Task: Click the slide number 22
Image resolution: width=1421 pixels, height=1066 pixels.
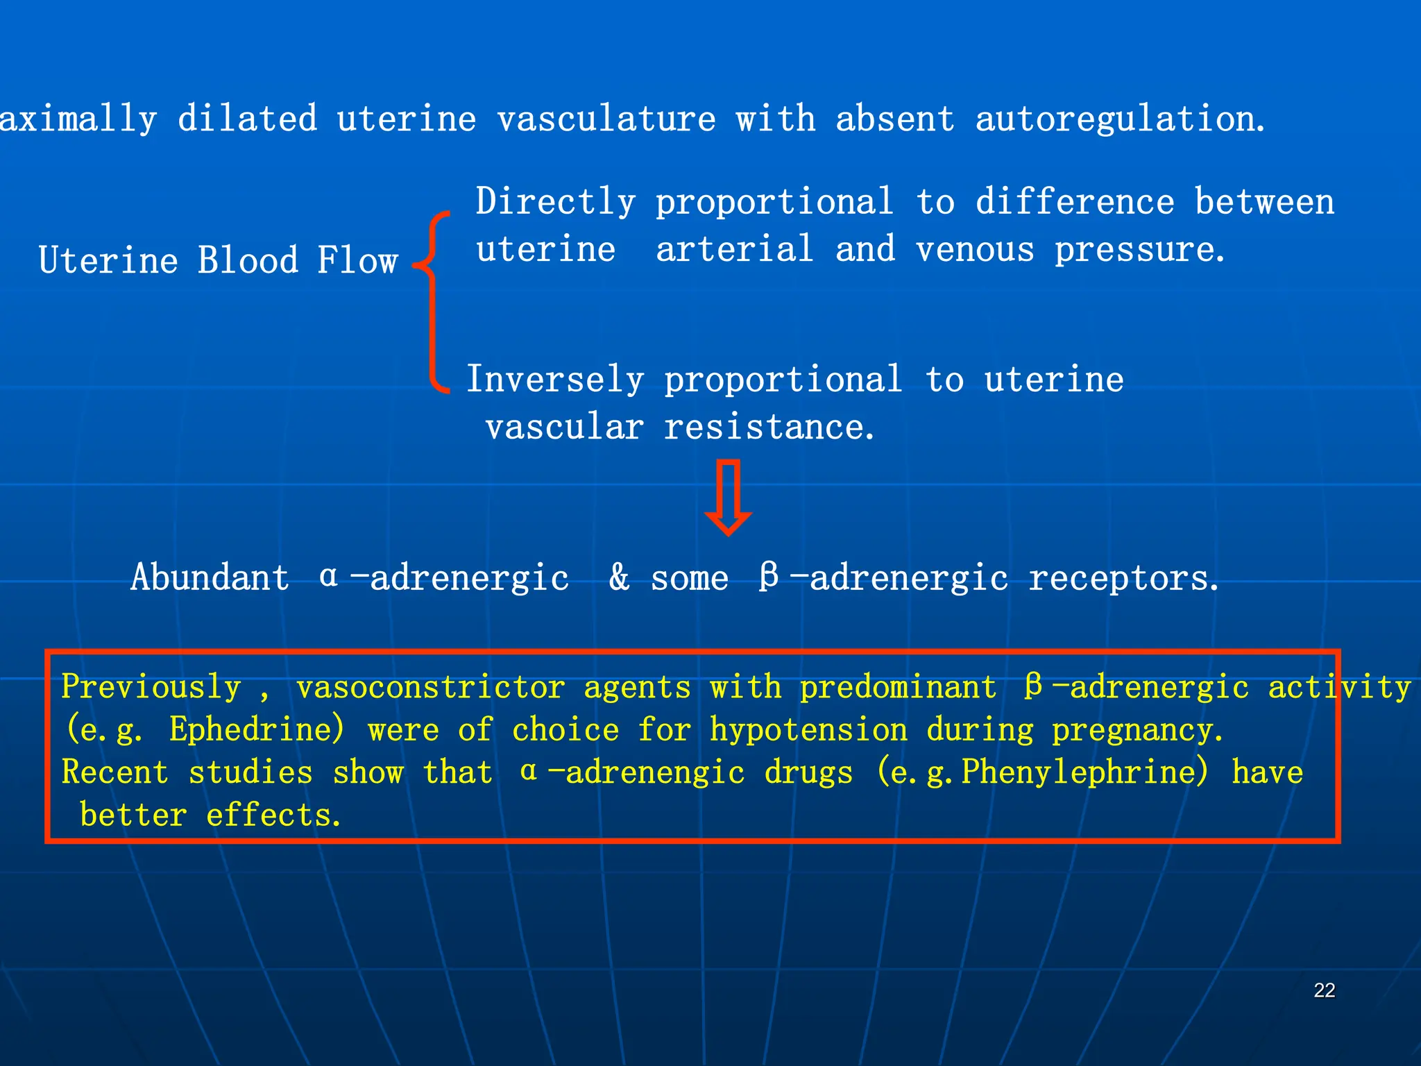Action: click(x=1324, y=990)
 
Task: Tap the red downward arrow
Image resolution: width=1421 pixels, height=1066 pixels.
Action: click(x=728, y=497)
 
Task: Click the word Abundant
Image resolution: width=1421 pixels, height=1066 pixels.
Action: click(x=210, y=578)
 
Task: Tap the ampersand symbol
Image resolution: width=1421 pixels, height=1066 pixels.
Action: click(x=619, y=578)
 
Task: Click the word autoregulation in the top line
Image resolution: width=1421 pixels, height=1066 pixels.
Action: click(x=1118, y=119)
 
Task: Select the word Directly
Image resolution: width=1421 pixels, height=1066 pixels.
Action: click(x=555, y=203)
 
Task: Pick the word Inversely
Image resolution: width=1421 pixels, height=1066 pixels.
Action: click(x=555, y=380)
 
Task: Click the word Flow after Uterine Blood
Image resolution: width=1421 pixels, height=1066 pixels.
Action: click(x=357, y=261)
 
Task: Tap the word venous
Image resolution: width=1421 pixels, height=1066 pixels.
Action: click(x=975, y=250)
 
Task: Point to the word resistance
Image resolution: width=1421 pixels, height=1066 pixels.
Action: click(x=768, y=428)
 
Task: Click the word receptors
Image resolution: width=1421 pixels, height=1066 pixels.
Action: click(x=1122, y=578)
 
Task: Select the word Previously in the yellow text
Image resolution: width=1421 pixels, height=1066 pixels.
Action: click(x=151, y=687)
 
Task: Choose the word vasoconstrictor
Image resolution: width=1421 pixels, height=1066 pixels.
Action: click(x=430, y=687)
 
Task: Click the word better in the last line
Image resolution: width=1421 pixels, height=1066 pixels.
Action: click(x=133, y=815)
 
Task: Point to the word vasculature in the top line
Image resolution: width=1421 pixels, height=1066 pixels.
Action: click(x=606, y=119)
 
